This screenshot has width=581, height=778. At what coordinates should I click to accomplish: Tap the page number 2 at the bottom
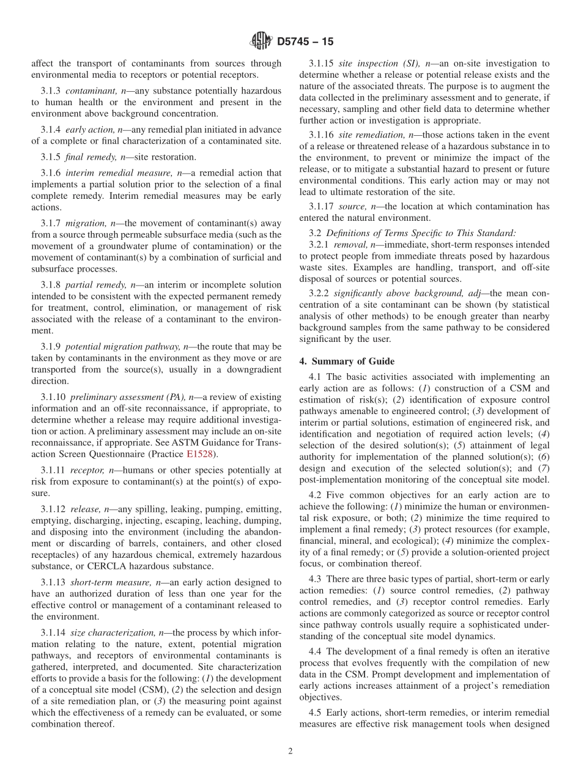[x=290, y=751]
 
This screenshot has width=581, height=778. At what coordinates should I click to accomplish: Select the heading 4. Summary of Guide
[x=347, y=361]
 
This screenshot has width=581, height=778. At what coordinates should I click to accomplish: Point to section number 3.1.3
[x=51, y=91]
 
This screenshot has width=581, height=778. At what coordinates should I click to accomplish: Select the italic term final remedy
[x=89, y=157]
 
